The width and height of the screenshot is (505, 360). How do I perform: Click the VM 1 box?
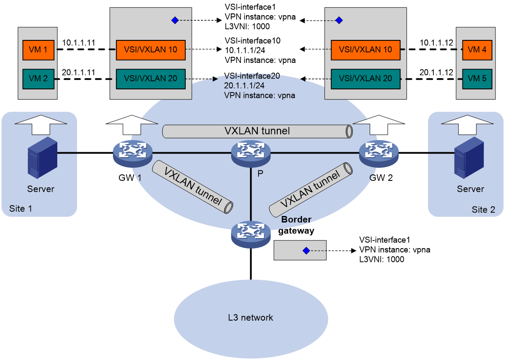(38, 50)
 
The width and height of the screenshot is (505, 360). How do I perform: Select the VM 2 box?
(38, 79)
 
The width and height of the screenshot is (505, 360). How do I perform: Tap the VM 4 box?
(477, 50)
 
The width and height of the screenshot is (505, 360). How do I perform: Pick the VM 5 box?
(477, 79)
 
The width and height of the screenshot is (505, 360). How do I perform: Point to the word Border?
(296, 219)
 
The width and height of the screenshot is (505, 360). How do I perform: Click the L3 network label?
(251, 318)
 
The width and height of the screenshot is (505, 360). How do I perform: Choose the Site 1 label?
(21, 209)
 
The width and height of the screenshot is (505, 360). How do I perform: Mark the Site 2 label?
(483, 210)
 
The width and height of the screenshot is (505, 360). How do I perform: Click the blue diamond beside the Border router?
(306, 251)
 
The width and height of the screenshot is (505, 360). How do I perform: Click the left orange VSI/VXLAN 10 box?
(151, 50)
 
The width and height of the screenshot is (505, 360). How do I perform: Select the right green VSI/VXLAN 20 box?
(365, 79)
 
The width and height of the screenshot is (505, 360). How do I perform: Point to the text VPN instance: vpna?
(259, 95)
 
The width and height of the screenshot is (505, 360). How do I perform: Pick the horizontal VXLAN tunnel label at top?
(257, 131)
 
